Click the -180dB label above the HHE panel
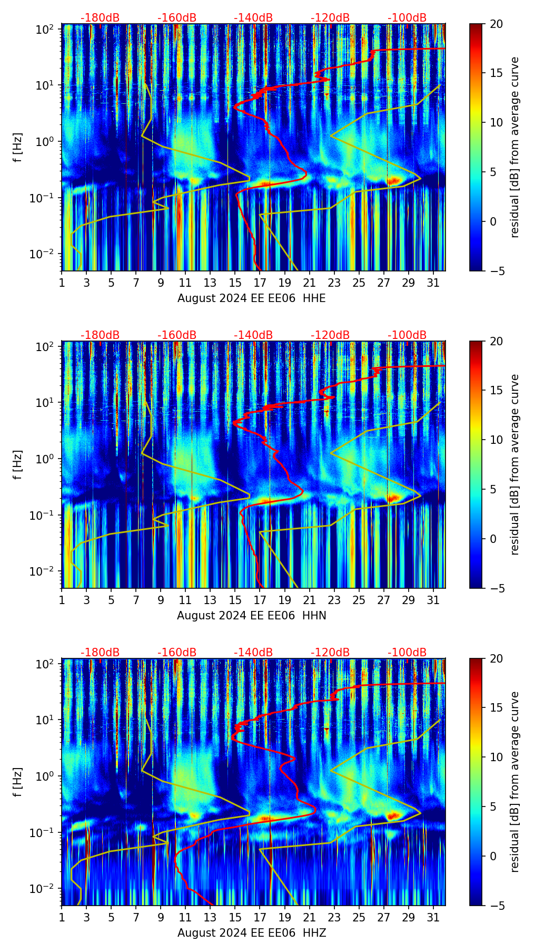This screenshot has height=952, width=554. (x=100, y=18)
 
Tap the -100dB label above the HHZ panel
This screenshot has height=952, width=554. (x=407, y=653)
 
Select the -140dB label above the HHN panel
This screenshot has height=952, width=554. (x=253, y=335)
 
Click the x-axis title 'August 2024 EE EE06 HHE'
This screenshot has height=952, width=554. (x=251, y=298)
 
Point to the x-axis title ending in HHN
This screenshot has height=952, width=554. (x=251, y=616)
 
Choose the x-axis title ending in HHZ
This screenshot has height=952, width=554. (x=251, y=933)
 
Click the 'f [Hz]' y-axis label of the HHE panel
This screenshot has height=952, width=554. (x=18, y=148)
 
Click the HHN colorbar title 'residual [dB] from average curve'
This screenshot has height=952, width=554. (x=515, y=464)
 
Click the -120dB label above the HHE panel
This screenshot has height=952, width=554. (x=330, y=18)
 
